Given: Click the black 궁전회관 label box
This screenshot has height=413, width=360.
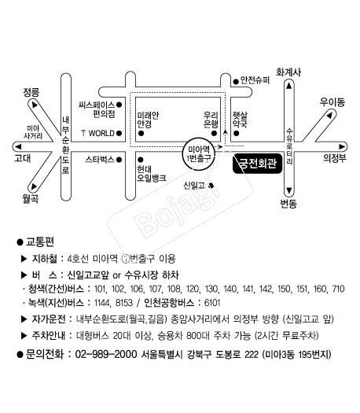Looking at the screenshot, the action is click(x=257, y=164).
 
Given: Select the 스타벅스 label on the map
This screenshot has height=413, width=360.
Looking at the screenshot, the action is click(x=100, y=160).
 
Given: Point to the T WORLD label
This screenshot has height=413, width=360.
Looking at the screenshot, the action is click(x=98, y=133).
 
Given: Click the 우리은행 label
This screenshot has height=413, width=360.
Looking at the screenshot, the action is click(x=211, y=120).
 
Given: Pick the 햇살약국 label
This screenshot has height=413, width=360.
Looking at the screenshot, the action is click(x=240, y=120).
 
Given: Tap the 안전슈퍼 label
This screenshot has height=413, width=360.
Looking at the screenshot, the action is click(x=255, y=80).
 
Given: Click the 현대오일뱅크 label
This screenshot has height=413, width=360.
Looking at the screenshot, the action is click(x=152, y=174).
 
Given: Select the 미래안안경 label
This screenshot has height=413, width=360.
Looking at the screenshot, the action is click(x=148, y=120).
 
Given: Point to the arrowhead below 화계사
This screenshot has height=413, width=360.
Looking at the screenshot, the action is click(x=289, y=85).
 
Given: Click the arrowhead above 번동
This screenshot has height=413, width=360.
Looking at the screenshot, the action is click(x=289, y=190).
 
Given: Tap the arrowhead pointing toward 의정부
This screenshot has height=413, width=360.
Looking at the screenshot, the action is click(x=342, y=146).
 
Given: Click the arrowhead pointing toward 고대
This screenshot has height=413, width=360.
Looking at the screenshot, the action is click(x=18, y=146).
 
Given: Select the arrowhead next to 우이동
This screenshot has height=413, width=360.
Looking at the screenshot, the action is click(x=329, y=115).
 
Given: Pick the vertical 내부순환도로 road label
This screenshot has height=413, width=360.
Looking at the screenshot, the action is click(x=65, y=145).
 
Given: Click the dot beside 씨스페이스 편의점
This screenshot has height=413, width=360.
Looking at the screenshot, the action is click(x=119, y=105).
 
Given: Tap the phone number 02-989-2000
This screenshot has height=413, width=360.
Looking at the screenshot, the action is click(x=106, y=354).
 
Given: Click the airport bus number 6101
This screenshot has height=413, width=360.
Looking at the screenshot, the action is click(x=212, y=303).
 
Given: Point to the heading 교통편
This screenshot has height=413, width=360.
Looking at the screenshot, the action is click(x=40, y=242).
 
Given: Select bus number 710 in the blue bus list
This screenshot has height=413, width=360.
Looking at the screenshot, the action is click(x=339, y=289).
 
